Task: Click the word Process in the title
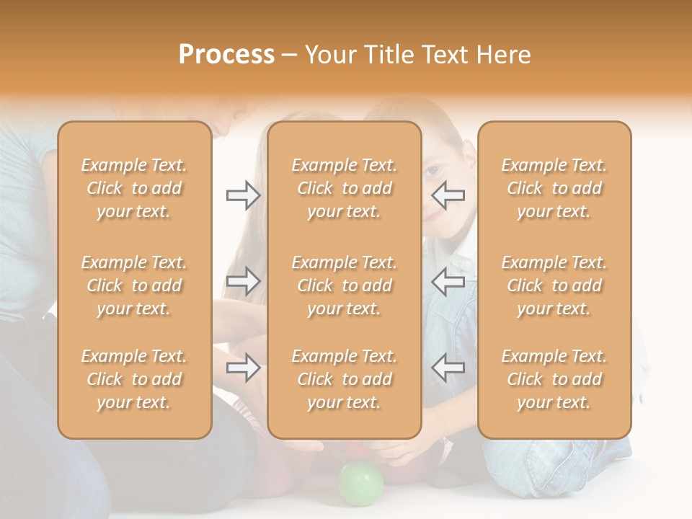[226, 55]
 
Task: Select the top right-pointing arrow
[244, 195]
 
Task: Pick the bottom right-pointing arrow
[244, 368]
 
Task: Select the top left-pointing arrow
[448, 195]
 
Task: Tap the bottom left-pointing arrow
[448, 368]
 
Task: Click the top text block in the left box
[134, 188]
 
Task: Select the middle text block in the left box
[134, 285]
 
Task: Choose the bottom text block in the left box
[134, 379]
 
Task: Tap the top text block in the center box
[344, 188]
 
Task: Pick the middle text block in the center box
[344, 285]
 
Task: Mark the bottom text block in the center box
[344, 379]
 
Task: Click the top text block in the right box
[554, 188]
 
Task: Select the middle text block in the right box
[554, 285]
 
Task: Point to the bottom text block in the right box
[554, 379]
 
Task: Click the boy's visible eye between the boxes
[432, 172]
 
